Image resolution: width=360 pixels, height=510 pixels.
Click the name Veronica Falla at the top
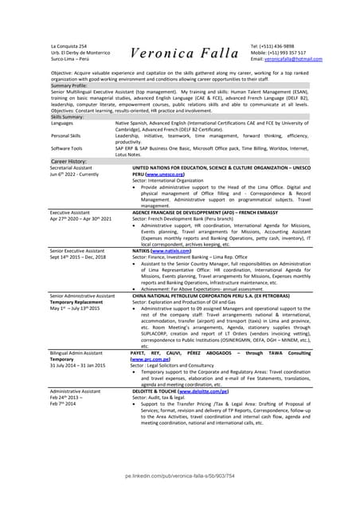[x=184, y=54]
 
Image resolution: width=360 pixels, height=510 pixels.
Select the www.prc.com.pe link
[x=148, y=360]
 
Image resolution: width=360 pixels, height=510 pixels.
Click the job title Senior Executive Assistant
[x=77, y=250]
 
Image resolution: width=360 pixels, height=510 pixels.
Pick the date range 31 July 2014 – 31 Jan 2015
[x=78, y=367]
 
